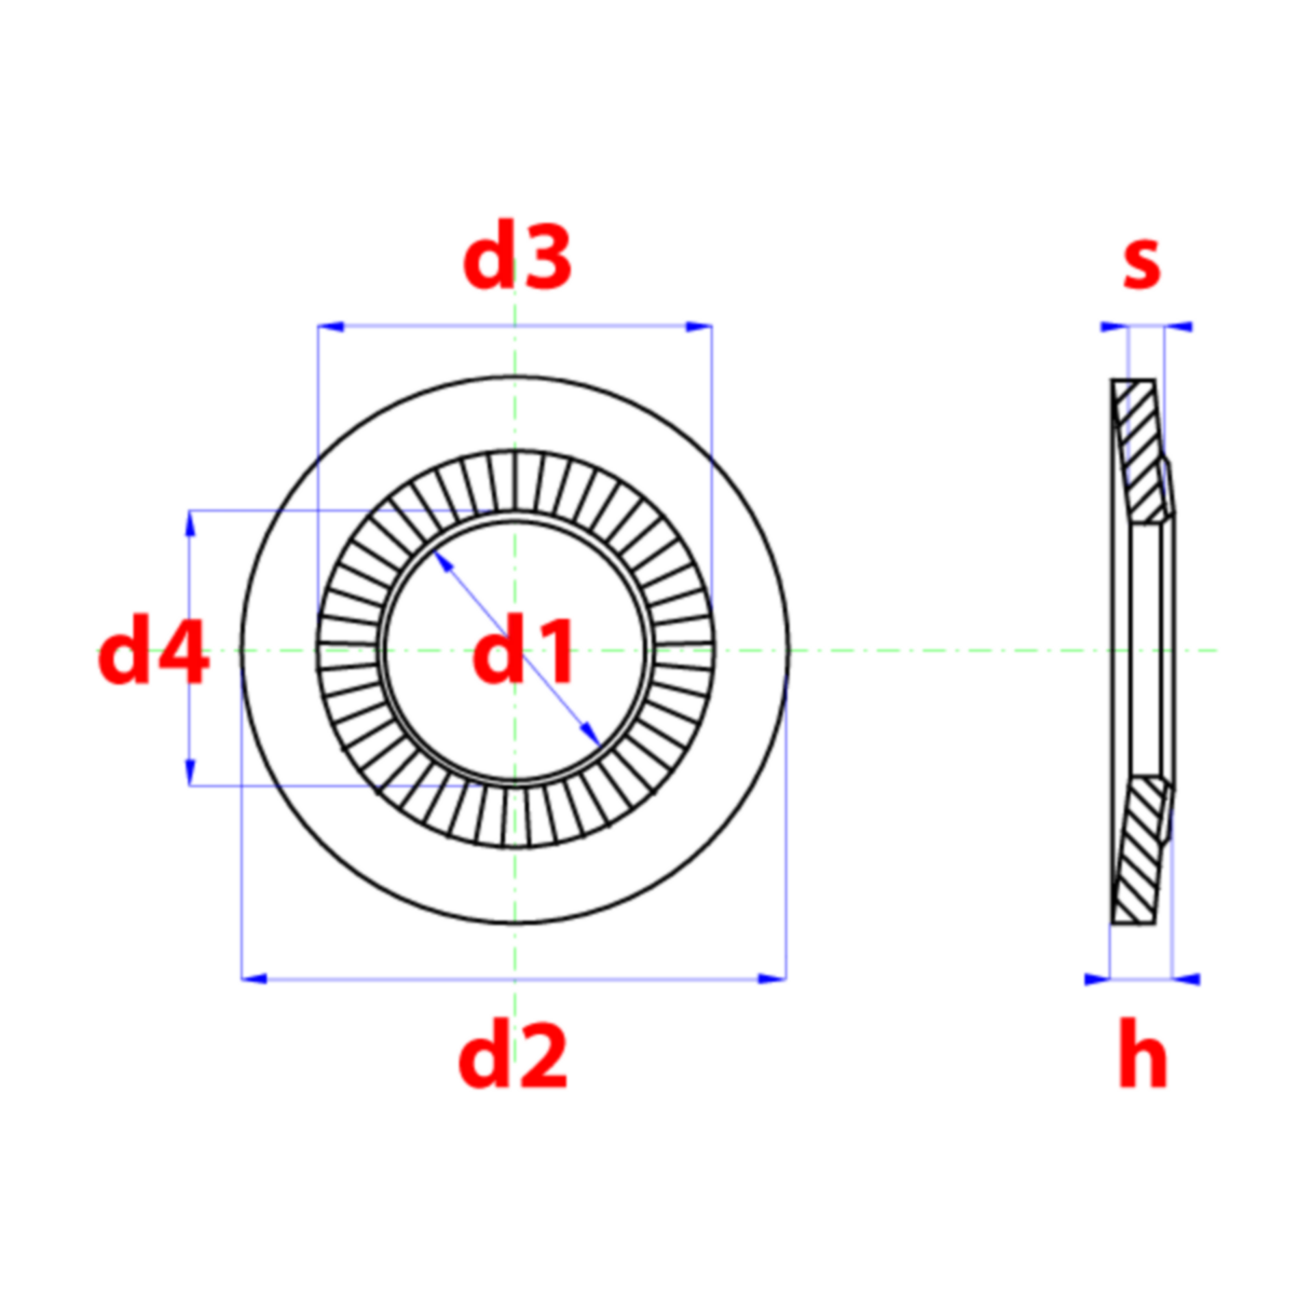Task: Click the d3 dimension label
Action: point(517,256)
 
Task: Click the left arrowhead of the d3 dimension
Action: point(331,327)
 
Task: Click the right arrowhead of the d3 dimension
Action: point(699,327)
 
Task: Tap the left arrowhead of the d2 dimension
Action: point(254,979)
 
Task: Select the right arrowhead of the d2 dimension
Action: point(773,979)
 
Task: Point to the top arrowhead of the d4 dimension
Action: point(190,523)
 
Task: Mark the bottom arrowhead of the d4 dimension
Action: point(190,773)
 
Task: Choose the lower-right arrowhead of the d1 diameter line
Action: point(590,735)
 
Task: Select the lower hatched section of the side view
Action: point(1139,849)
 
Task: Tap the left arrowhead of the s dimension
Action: point(1114,327)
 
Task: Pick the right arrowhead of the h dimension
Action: point(1186,979)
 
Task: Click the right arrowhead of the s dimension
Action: point(1179,327)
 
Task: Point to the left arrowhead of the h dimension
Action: point(1097,979)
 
